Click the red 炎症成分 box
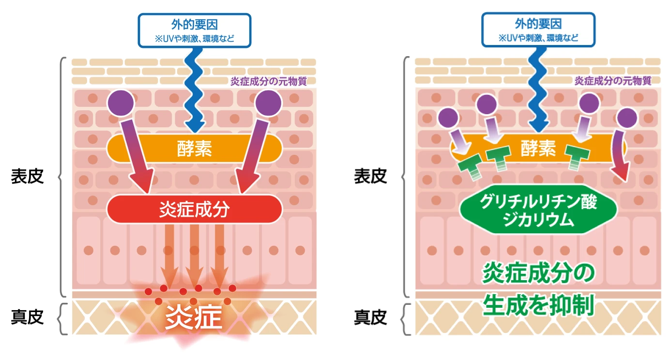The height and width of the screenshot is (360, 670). tap(194, 210)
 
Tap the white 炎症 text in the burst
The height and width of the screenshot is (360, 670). tap(194, 318)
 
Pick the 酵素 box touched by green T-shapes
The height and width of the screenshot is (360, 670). tap(537, 148)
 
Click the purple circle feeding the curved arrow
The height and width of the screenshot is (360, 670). tap(627, 117)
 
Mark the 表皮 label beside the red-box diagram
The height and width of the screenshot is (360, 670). tap(28, 177)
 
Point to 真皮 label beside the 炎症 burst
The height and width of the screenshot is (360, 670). tap(28, 317)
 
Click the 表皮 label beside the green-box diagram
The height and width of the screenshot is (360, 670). tap(370, 177)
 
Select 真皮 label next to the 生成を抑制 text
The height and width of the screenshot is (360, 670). tap(370, 317)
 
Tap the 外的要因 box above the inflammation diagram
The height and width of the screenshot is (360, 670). tap(194, 30)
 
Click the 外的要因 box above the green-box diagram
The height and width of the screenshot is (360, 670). tap(538, 30)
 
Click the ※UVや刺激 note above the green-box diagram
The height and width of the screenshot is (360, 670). tap(538, 38)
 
